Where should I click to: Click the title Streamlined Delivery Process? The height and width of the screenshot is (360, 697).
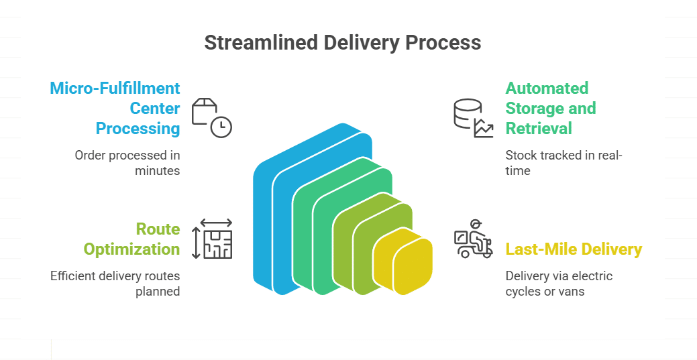(342, 42)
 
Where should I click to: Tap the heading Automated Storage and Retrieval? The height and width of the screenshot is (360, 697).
(550, 108)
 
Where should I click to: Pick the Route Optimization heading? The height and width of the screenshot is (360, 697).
(131, 239)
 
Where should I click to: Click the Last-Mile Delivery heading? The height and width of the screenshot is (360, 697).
(574, 249)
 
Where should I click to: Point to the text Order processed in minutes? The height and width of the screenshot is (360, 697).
(127, 163)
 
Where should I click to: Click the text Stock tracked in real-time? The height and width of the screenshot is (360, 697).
(564, 163)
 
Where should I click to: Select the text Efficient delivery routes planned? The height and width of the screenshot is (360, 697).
(115, 284)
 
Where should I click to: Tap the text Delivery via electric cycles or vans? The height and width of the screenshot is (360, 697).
(559, 284)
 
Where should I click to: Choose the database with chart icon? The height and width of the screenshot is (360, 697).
(472, 118)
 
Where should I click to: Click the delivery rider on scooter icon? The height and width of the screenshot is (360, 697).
(473, 239)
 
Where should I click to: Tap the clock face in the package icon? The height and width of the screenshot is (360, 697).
(221, 127)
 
